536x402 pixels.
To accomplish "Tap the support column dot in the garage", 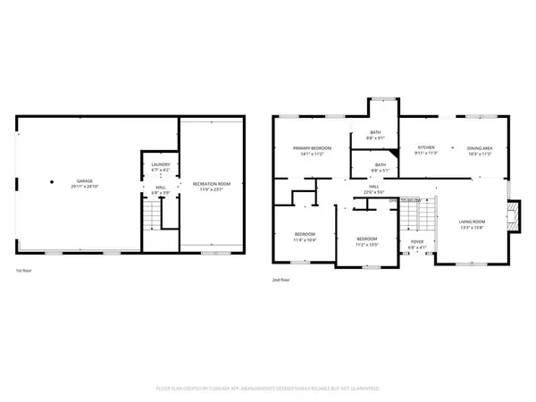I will point(53,178).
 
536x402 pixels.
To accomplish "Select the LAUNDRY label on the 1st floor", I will point(161,164).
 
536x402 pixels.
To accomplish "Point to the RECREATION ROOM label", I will point(211,183).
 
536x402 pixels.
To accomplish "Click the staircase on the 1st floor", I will point(152,215).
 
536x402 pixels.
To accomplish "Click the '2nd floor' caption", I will point(281,279).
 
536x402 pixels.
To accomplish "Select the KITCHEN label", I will point(426,147).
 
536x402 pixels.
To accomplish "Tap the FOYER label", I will point(417,241).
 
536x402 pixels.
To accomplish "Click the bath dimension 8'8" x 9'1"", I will point(376,138).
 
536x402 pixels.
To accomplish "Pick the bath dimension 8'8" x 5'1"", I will point(380,170).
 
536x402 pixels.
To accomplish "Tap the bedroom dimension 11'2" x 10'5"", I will point(367,244).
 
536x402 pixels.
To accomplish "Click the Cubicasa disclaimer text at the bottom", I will point(268,389).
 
